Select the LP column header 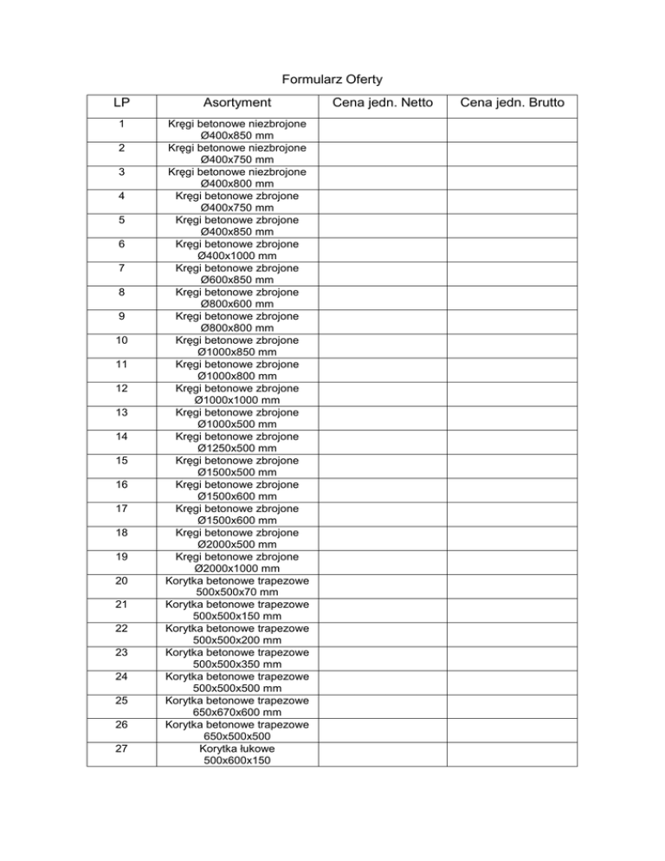pyautogui.click(x=122, y=104)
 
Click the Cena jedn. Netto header pyautogui.click(x=382, y=104)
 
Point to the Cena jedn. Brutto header pyautogui.click(x=513, y=104)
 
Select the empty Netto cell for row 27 pyautogui.click(x=382, y=754)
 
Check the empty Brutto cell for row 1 pyautogui.click(x=513, y=129)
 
